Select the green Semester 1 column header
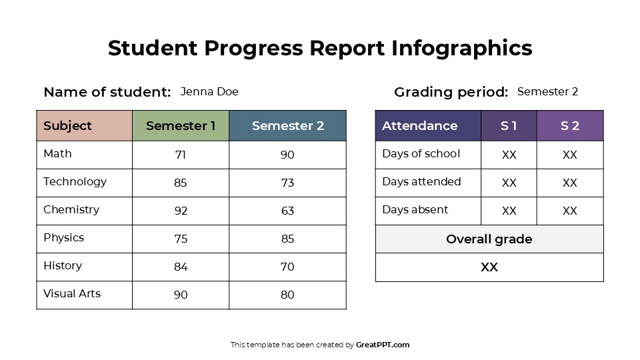181,126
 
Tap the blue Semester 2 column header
287,126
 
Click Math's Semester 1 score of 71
181,155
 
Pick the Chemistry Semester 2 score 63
287,211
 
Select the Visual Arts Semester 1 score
181,295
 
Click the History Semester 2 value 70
287,267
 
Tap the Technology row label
75,182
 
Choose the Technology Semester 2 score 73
287,183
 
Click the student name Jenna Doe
209,92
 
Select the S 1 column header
509,126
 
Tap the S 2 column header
569,126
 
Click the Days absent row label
415,210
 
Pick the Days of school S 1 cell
509,155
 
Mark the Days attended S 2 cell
569,183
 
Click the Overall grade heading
489,239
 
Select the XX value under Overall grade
489,267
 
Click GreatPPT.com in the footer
383,345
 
